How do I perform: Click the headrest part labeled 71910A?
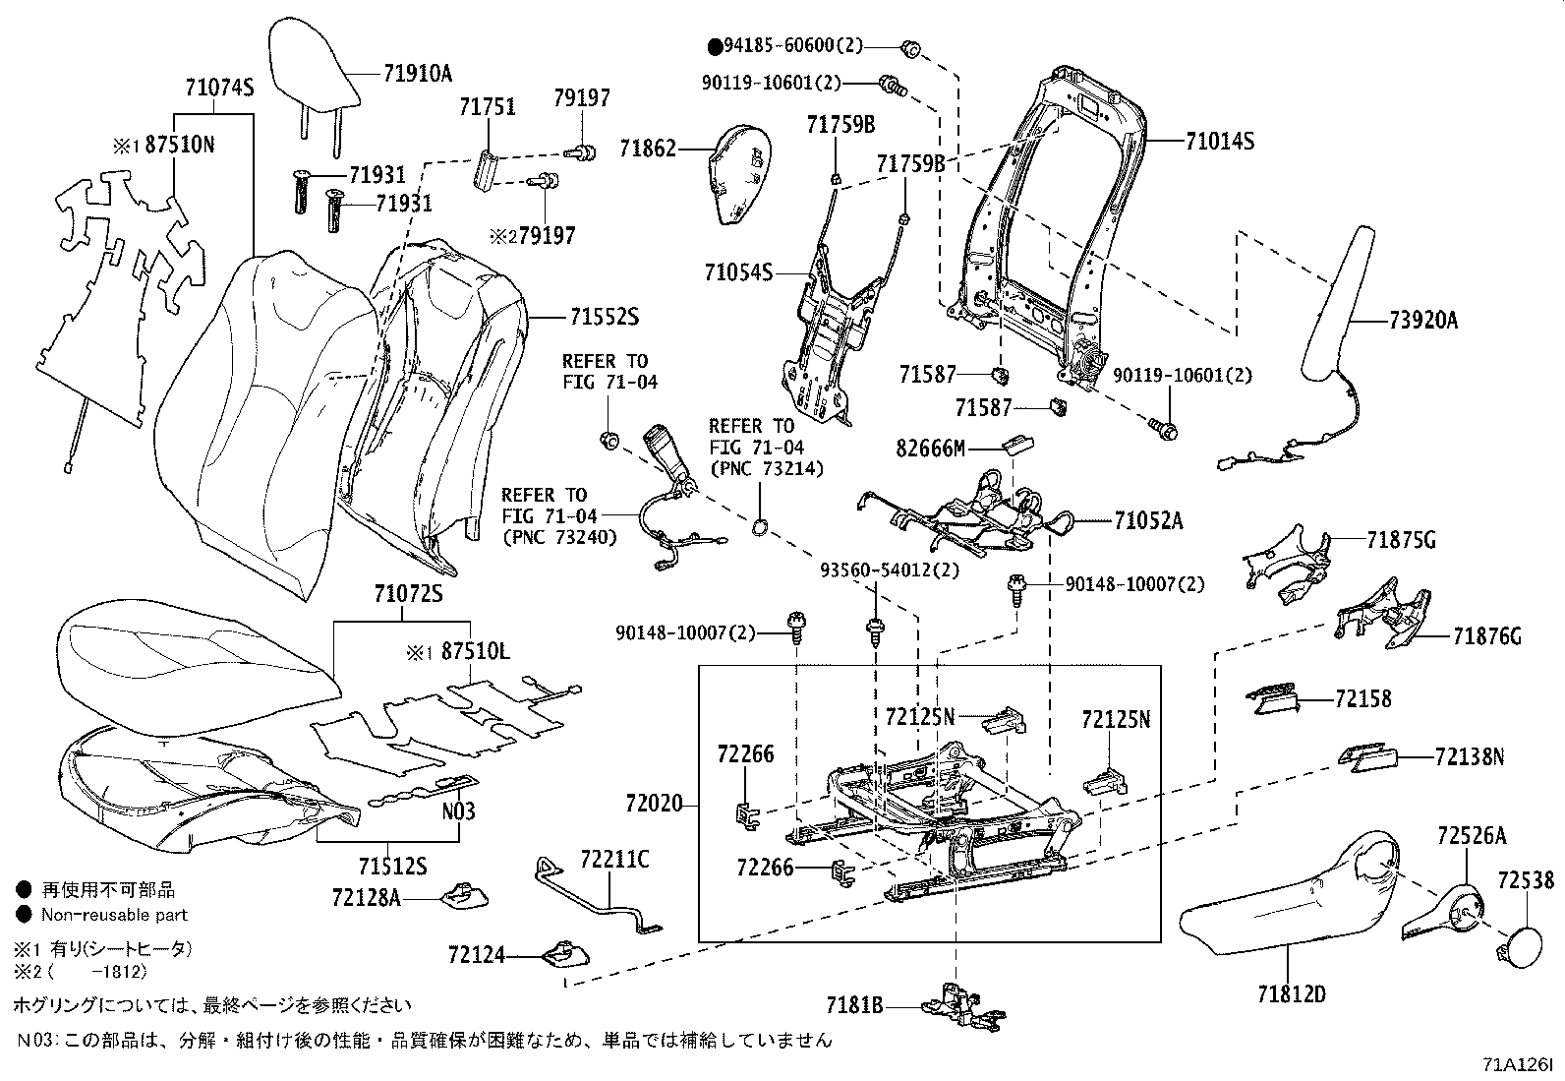(313, 68)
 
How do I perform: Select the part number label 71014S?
(1219, 141)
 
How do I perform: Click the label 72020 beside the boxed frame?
(652, 804)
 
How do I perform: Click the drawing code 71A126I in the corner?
(1517, 1064)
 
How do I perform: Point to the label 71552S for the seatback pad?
(604, 318)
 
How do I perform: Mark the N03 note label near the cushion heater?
(458, 811)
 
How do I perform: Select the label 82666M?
(929, 449)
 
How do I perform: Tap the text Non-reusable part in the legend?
(114, 914)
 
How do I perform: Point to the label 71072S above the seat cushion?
(408, 594)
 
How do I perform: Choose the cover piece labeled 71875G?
(1289, 566)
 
